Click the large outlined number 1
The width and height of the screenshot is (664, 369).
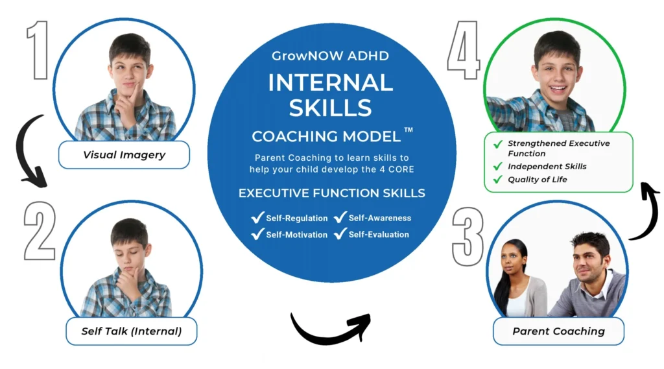click(x=39, y=50)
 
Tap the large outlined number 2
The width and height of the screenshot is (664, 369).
click(x=40, y=230)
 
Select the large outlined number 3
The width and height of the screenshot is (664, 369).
click(x=468, y=237)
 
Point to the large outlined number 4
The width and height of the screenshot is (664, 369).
click(x=464, y=50)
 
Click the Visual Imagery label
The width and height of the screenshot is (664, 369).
click(x=124, y=155)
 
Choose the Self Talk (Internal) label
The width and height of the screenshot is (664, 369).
click(x=131, y=331)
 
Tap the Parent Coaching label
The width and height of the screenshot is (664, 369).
click(x=558, y=331)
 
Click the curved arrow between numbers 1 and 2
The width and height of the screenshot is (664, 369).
click(x=21, y=149)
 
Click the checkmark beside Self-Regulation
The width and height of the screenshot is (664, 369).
click(x=257, y=218)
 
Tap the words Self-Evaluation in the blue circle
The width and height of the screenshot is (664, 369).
click(x=379, y=234)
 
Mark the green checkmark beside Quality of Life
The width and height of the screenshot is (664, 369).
click(x=497, y=180)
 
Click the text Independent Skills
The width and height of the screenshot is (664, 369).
click(x=547, y=167)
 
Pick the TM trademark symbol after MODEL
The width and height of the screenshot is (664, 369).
click(x=409, y=130)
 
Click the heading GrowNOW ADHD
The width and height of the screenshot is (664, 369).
click(x=330, y=56)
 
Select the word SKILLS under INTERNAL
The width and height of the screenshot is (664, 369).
click(x=330, y=108)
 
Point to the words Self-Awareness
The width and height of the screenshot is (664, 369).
click(x=380, y=218)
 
